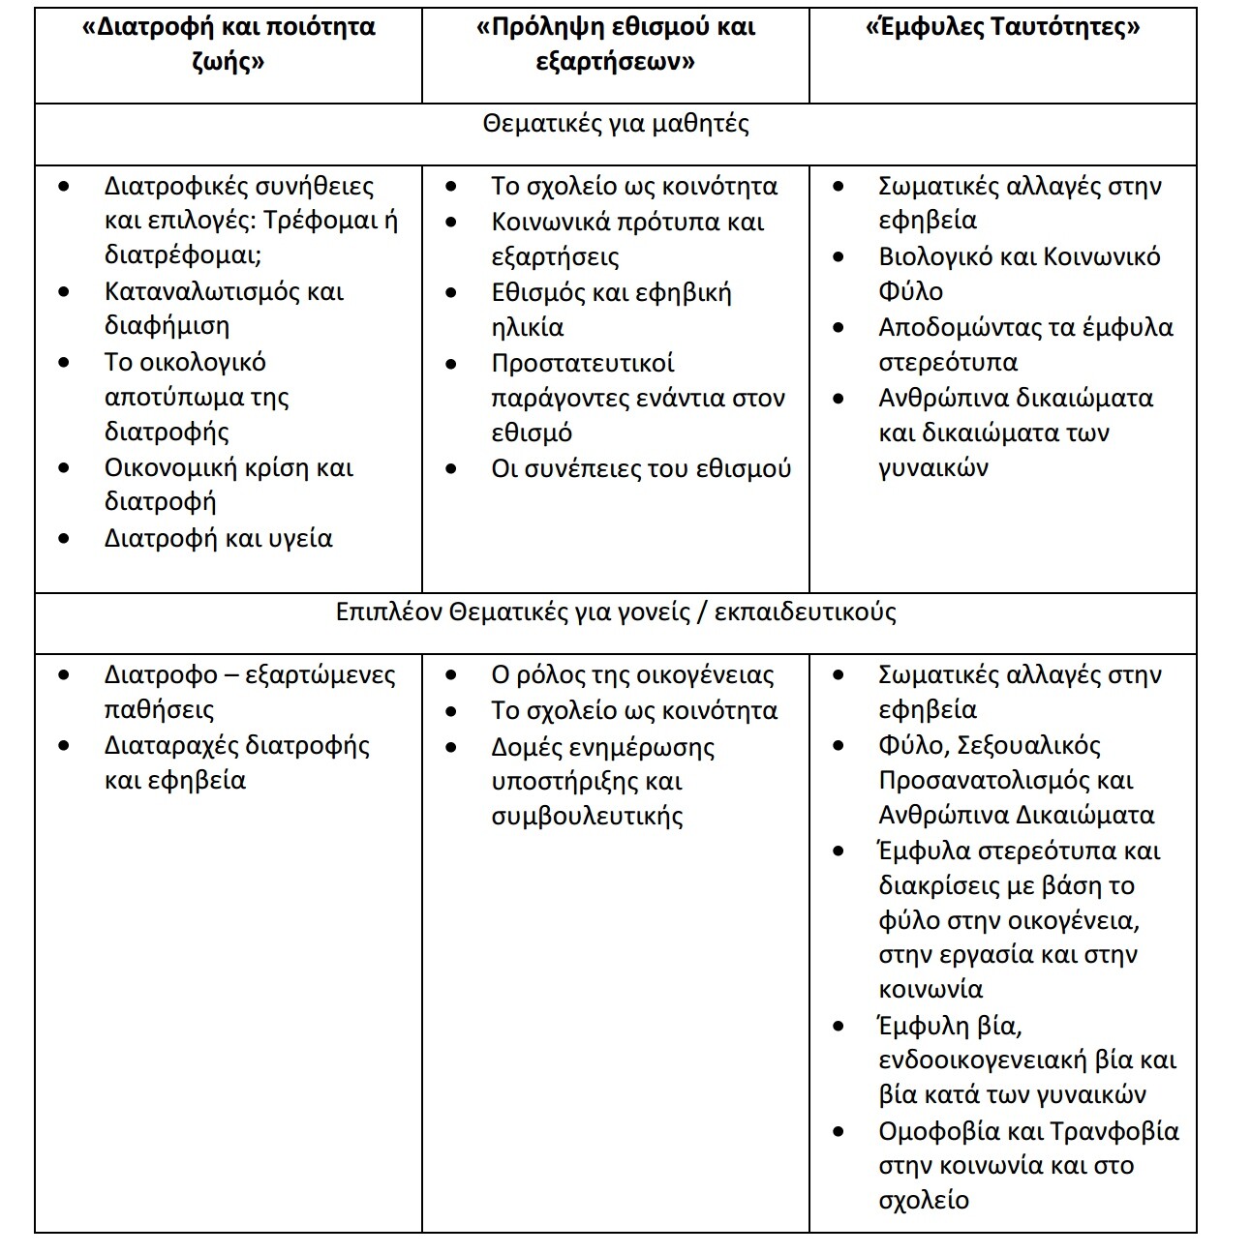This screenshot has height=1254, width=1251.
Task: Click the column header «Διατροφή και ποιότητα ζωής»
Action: click(x=229, y=45)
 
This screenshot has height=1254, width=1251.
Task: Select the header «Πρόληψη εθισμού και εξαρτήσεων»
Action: click(x=616, y=45)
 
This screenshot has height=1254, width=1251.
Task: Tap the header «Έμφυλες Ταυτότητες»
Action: click(x=1002, y=27)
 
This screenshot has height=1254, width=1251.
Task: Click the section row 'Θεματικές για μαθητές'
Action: click(x=616, y=124)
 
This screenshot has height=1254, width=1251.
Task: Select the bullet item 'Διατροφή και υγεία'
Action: click(x=218, y=538)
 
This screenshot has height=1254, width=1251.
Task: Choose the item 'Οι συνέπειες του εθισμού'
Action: click(x=641, y=468)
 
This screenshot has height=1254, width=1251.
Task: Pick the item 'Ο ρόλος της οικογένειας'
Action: click(x=632, y=674)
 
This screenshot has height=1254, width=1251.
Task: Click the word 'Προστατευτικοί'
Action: click(x=583, y=363)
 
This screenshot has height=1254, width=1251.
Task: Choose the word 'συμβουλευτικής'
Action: click(x=587, y=816)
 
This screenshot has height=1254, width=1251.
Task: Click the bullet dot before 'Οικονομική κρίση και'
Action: click(x=64, y=468)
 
